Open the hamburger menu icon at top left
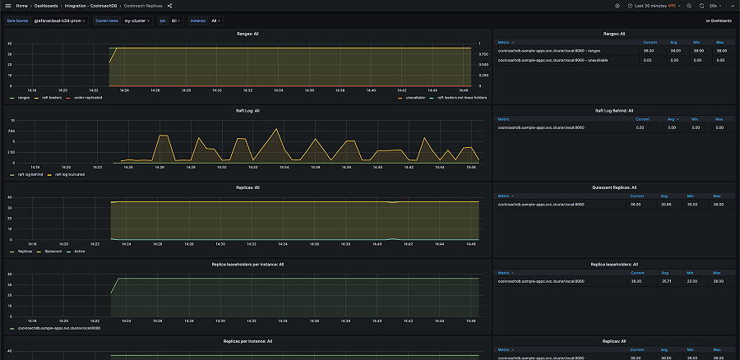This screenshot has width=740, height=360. tap(7, 6)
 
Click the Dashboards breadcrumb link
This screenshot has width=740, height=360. tap(46, 6)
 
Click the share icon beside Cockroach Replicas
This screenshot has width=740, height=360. tap(169, 6)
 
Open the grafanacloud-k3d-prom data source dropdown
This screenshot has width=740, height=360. tap(59, 21)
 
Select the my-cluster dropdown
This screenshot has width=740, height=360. tap(136, 21)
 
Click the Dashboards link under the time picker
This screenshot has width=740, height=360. tap(719, 21)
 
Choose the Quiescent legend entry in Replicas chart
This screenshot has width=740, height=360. tap(54, 252)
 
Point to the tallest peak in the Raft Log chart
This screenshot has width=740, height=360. tap(276, 129)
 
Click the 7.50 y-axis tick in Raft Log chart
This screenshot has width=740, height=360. tap(11, 131)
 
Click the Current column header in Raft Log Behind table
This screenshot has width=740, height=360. tap(645, 118)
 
